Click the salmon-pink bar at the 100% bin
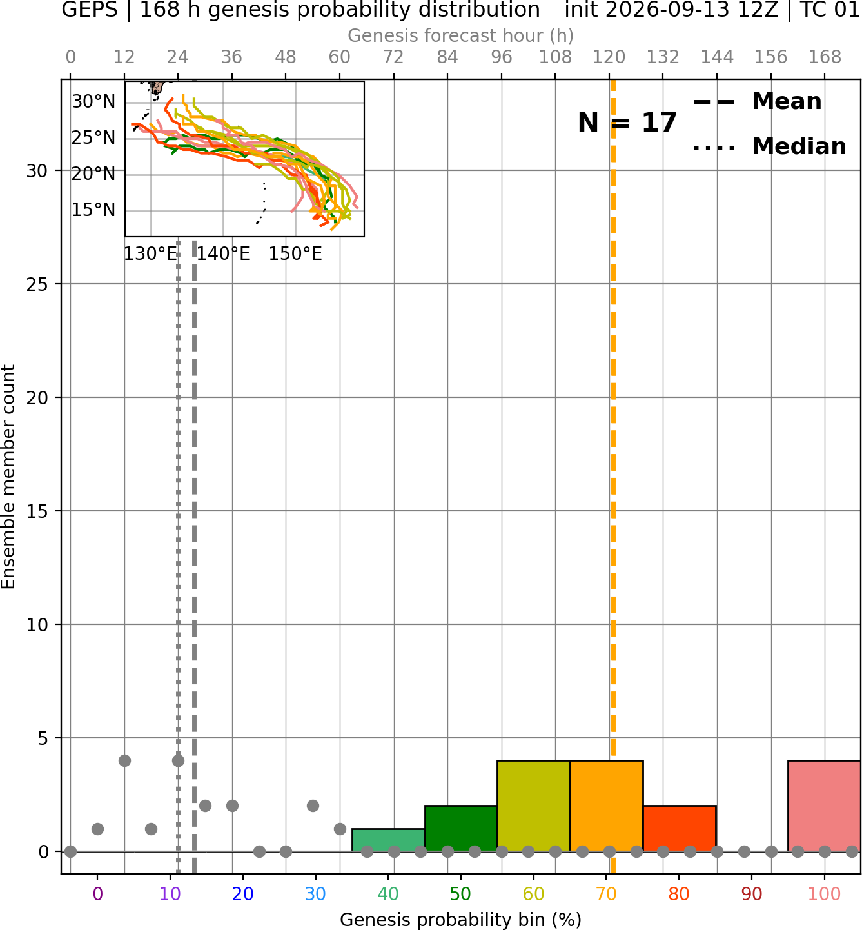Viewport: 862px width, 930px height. pyautogui.click(x=824, y=806)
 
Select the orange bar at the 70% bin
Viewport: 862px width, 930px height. pyautogui.click(x=606, y=806)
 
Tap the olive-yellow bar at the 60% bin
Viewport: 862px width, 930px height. pyautogui.click(x=534, y=806)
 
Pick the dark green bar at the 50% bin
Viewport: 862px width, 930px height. pyautogui.click(x=461, y=828)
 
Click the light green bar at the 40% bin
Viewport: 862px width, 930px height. pyautogui.click(x=389, y=840)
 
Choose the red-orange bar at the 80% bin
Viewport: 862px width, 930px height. pyautogui.click(x=680, y=828)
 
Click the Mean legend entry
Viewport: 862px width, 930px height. pyautogui.click(x=757, y=102)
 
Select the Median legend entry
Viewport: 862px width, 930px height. pyautogui.click(x=769, y=146)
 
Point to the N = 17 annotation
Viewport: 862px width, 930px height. pyautogui.click(x=627, y=123)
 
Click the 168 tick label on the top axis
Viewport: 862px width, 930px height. pyautogui.click(x=825, y=57)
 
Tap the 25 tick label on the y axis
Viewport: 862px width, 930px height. pyautogui.click(x=37, y=284)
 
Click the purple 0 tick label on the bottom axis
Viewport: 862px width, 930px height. pyautogui.click(x=97, y=894)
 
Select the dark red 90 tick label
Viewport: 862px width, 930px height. pyautogui.click(x=752, y=894)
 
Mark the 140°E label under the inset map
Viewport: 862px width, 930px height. pyautogui.click(x=223, y=254)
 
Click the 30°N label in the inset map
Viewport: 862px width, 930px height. pyautogui.click(x=93, y=102)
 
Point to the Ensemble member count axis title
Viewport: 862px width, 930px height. pyautogui.click(x=8, y=477)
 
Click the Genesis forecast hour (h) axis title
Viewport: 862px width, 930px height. pyautogui.click(x=461, y=35)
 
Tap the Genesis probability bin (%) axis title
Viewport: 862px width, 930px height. pyautogui.click(x=461, y=920)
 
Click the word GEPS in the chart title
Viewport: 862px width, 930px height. pyautogui.click(x=90, y=10)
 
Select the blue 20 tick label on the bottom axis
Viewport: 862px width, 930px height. pyautogui.click(x=243, y=894)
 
